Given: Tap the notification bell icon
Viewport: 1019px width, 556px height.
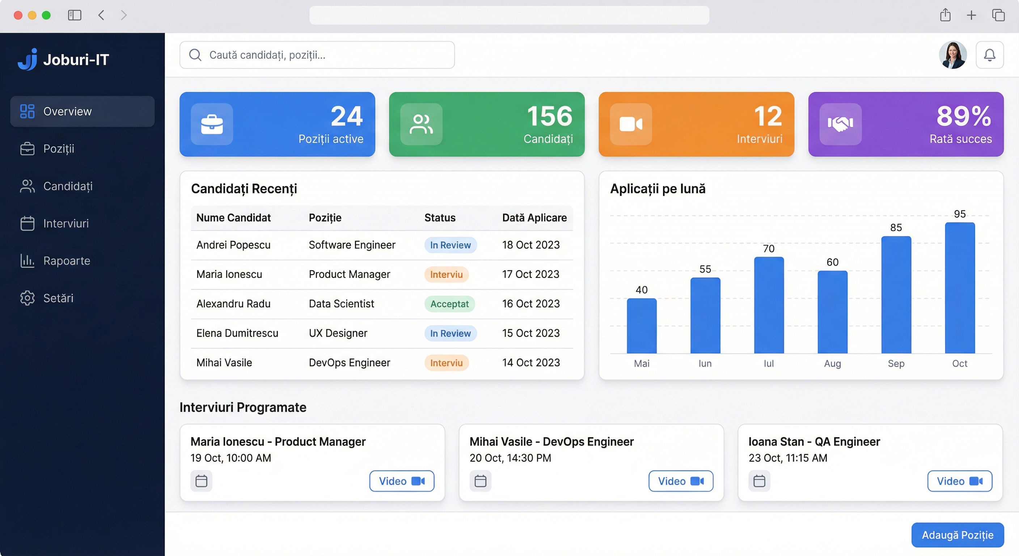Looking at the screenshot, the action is click(989, 55).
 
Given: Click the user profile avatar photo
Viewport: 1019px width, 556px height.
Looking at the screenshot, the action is click(952, 55).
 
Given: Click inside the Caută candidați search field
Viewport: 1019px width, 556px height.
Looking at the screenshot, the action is click(317, 55).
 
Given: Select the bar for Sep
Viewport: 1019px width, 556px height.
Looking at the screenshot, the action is click(896, 295).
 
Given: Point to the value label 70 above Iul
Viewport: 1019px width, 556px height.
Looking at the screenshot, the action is click(769, 249).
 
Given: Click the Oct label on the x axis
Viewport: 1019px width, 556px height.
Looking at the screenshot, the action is click(960, 363).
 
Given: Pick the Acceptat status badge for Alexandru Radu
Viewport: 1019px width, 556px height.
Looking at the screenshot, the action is click(449, 304).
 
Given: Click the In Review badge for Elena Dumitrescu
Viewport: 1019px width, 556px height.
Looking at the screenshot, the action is click(451, 333).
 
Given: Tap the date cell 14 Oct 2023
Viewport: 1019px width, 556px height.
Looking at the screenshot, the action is click(531, 362).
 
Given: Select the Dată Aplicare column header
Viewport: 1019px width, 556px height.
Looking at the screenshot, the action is click(534, 218).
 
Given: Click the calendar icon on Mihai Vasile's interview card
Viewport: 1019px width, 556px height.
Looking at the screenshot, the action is click(480, 481).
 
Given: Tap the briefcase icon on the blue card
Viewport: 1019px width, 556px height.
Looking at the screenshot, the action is click(212, 124).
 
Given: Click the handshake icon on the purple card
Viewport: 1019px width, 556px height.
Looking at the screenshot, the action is click(840, 124).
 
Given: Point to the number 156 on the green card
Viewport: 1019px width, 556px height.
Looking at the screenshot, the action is click(549, 116).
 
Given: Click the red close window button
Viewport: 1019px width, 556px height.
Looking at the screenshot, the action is click(18, 16).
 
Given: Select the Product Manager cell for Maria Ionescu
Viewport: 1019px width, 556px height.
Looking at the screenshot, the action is click(349, 274).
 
